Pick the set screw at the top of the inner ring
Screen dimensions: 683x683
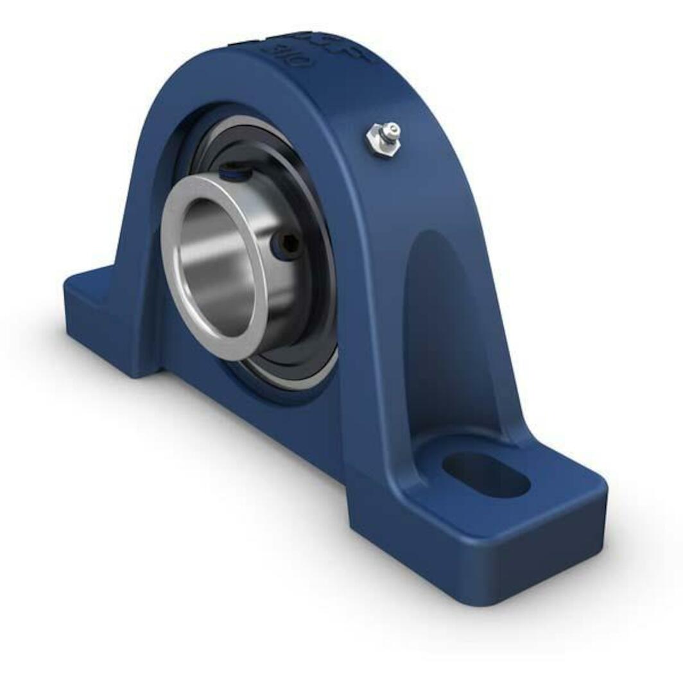click(x=231, y=171)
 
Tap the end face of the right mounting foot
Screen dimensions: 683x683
click(x=546, y=552)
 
